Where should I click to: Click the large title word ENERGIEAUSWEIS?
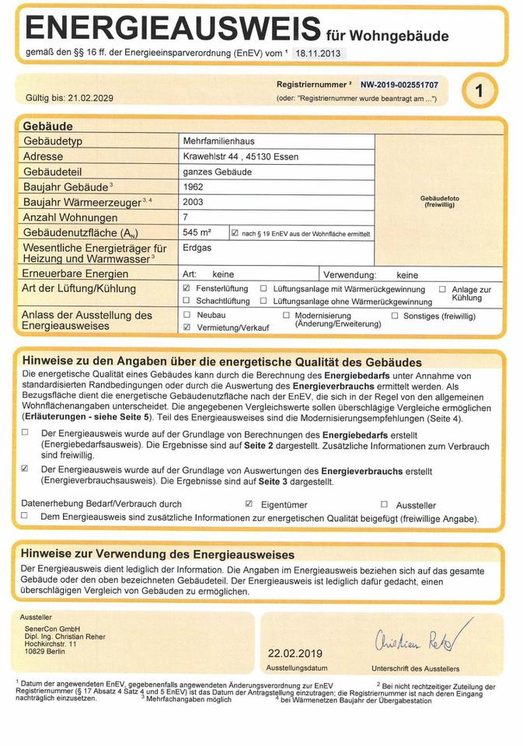[173, 29]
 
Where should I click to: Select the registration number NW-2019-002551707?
[399, 85]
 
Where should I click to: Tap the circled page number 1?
[479, 92]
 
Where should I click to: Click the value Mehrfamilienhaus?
[218, 141]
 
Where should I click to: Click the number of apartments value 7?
[185, 218]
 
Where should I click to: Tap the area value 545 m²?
[197, 232]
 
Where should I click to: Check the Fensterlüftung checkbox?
[187, 288]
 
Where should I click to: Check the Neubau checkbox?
[187, 315]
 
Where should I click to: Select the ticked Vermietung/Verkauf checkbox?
[187, 328]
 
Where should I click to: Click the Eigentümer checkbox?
[249, 504]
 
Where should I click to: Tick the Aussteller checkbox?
[384, 504]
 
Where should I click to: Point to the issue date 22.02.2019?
[295, 654]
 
